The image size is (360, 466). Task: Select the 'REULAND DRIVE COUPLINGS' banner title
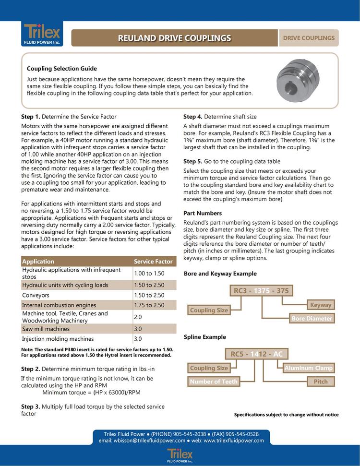tap(175, 38)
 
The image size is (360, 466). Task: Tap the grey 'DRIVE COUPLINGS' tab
tap(308, 38)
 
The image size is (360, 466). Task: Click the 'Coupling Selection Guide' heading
tap(62, 69)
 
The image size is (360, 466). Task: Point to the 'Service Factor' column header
tap(153, 262)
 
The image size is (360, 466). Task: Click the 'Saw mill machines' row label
tap(46, 329)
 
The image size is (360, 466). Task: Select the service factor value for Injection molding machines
tap(138, 339)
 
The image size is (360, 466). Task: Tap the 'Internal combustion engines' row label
tap(59, 305)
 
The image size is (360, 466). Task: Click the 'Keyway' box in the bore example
tap(321, 305)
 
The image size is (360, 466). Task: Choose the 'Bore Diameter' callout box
tap(312, 318)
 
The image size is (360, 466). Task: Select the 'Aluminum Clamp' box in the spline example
tap(308, 368)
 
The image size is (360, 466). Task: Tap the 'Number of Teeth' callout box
tap(214, 382)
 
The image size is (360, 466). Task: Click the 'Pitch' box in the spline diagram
tap(321, 382)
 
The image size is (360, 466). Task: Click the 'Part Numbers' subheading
tap(203, 213)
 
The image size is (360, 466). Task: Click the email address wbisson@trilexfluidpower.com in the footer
tap(142, 441)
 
